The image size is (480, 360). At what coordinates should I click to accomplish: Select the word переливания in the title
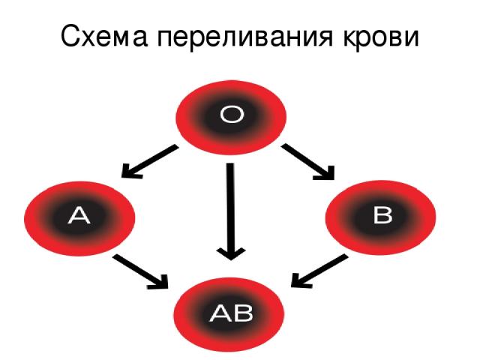245,37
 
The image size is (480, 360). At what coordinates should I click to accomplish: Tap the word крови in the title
380,37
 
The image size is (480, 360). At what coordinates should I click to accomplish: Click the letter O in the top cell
232,115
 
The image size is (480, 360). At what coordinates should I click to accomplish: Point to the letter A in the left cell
79,215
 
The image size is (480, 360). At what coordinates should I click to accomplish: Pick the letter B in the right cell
382,214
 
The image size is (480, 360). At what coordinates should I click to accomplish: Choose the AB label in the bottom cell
231,313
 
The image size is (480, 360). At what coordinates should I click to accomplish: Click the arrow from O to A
150,162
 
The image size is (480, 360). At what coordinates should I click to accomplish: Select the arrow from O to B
308,162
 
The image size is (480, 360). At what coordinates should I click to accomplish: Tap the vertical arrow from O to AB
231,211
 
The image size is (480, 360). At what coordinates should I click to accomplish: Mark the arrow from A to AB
140,271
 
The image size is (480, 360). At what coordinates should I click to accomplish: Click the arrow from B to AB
319,271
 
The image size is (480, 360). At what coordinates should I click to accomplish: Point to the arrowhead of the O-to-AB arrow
231,253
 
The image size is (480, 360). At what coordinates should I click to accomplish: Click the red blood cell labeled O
231,118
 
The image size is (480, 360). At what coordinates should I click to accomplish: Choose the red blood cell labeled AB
229,315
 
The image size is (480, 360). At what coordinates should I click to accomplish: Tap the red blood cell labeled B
380,217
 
